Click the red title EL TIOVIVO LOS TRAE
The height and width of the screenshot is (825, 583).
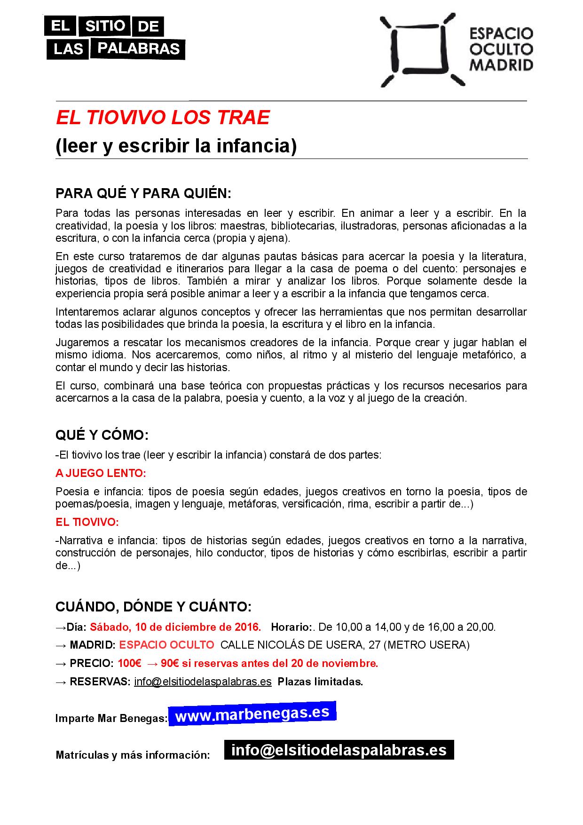(x=163, y=118)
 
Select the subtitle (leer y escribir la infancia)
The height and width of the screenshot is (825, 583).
(x=176, y=146)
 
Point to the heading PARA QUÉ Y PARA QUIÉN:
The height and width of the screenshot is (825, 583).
(x=143, y=193)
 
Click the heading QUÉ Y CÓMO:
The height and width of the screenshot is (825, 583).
(x=102, y=435)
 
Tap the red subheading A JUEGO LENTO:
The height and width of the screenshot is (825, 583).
(x=101, y=473)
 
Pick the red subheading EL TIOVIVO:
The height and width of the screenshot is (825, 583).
(x=87, y=522)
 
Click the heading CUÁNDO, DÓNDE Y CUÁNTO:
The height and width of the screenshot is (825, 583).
(x=154, y=606)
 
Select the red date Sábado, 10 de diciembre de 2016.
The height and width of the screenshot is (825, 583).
(x=175, y=627)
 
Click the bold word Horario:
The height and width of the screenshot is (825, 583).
(x=291, y=627)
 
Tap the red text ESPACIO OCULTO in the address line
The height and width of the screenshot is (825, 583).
(x=166, y=645)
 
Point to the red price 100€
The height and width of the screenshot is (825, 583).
(x=130, y=663)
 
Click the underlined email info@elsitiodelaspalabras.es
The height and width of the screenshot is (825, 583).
(x=203, y=682)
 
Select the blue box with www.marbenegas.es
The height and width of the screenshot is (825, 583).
(x=252, y=714)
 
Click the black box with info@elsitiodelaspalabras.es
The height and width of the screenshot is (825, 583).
(x=339, y=750)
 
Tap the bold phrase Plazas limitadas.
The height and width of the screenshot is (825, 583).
(x=320, y=682)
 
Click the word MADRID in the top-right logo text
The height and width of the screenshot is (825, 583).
(x=502, y=65)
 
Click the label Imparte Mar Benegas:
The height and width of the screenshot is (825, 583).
(x=111, y=718)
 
